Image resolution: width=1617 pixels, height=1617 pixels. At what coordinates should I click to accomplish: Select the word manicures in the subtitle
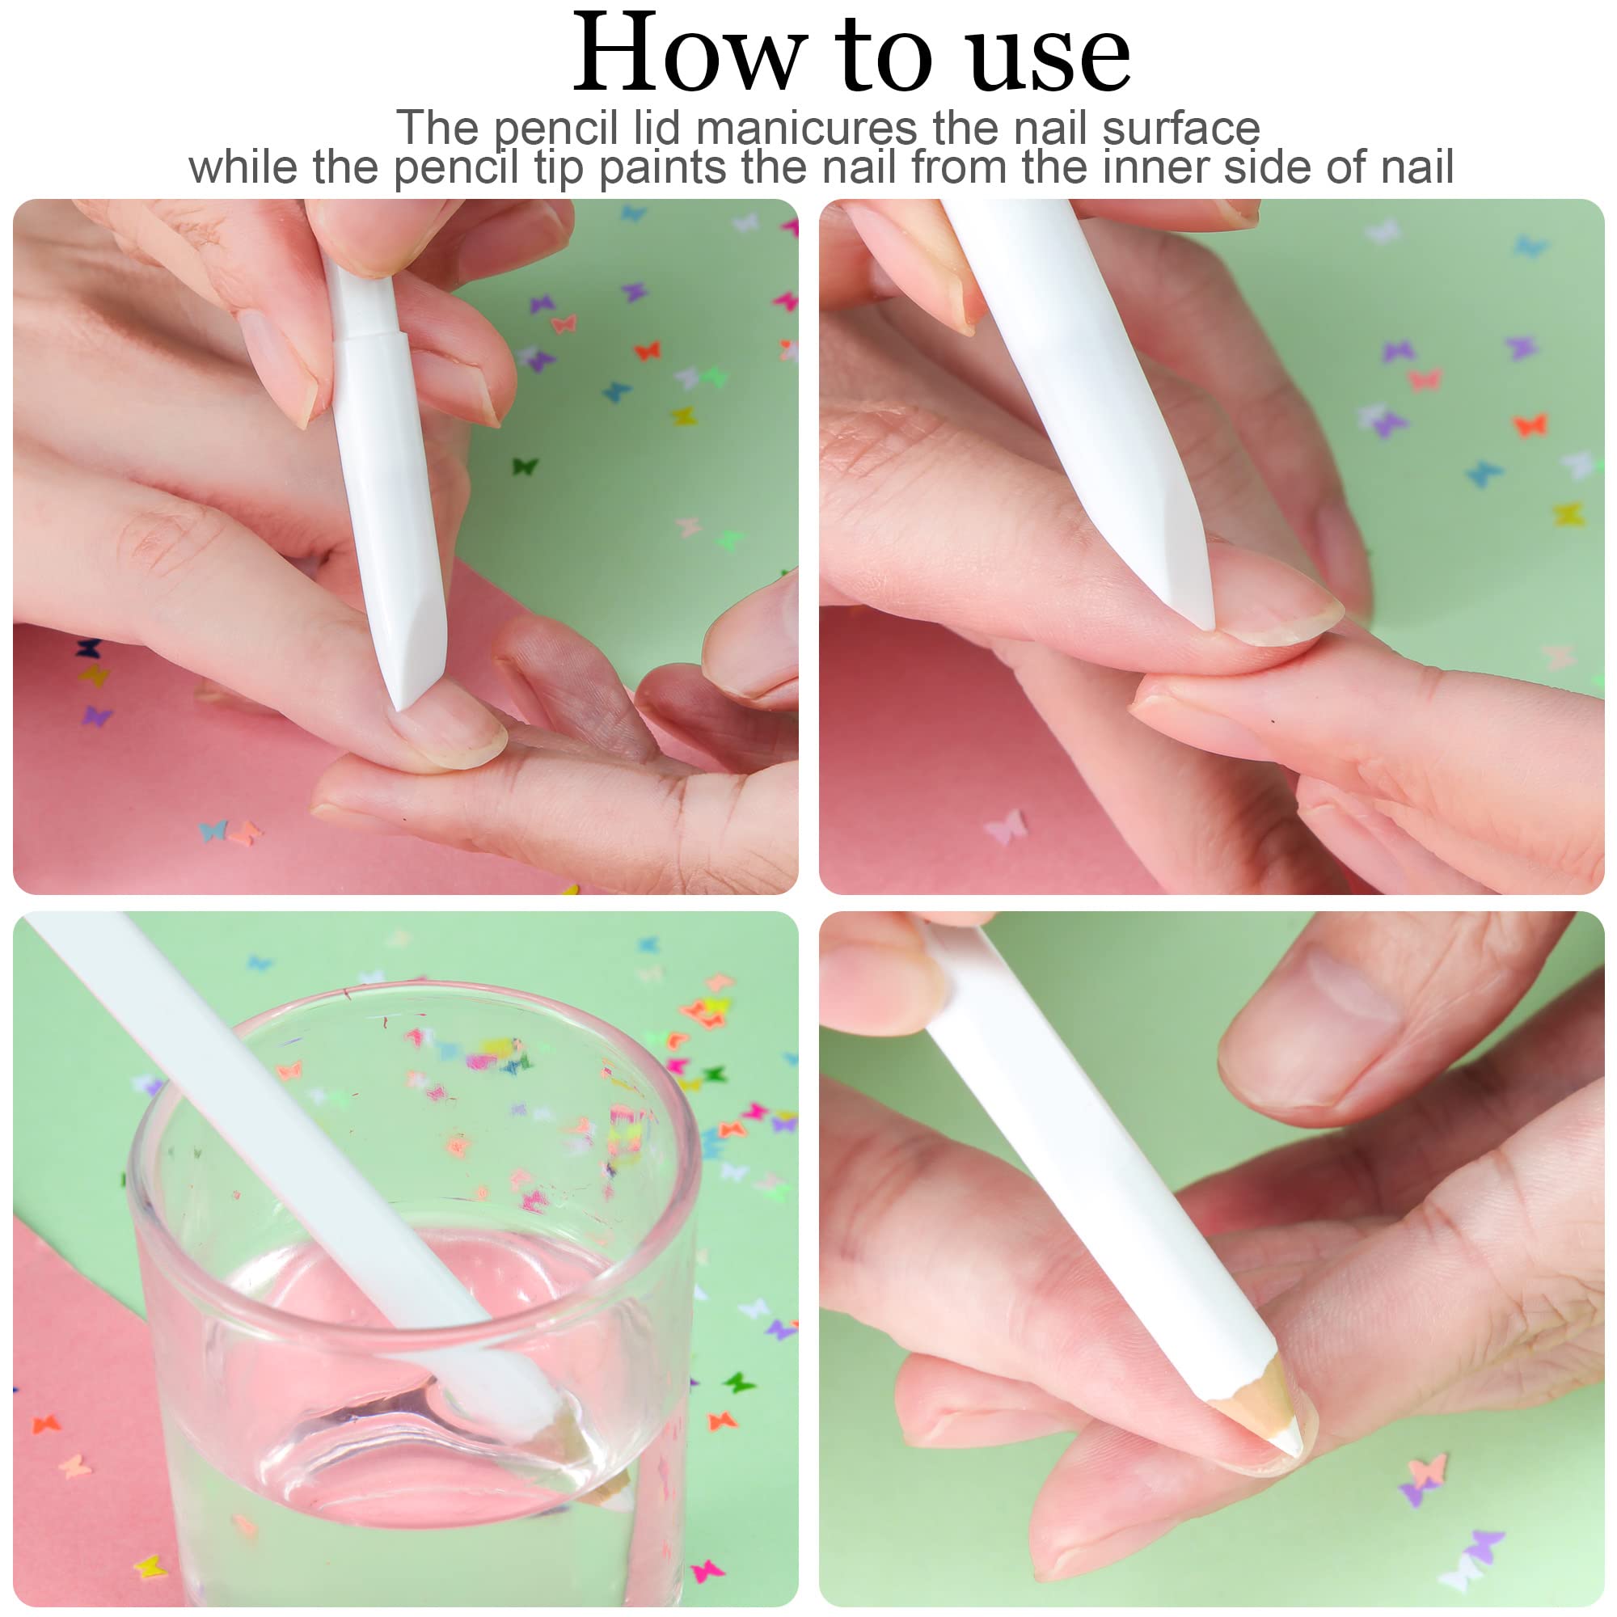(806, 128)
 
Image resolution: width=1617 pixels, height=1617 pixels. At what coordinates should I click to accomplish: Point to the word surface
(1180, 128)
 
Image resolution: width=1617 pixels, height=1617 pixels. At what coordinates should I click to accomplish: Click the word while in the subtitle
(243, 167)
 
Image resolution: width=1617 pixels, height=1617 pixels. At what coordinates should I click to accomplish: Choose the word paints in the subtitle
(662, 167)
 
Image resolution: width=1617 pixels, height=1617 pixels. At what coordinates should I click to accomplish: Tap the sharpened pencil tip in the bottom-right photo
(1271, 1414)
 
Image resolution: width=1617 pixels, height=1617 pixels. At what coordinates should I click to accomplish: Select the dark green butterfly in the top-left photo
(525, 466)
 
